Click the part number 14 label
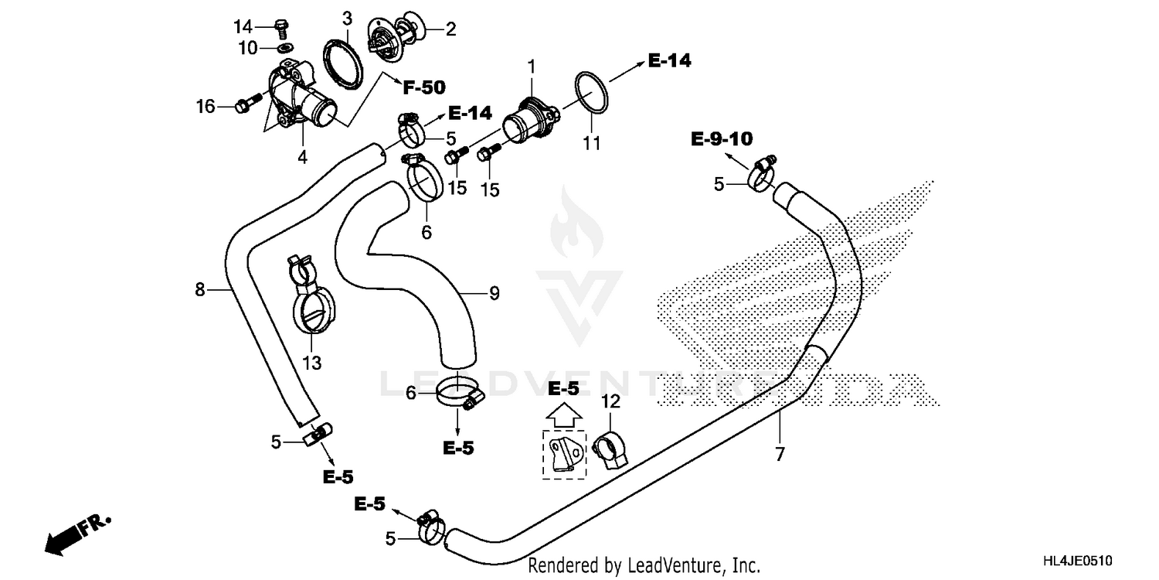(x=243, y=27)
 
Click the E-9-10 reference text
(x=721, y=139)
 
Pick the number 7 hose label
(x=780, y=454)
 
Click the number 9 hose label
(x=494, y=293)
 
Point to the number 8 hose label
(x=200, y=290)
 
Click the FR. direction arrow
(x=74, y=534)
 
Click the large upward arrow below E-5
(x=563, y=415)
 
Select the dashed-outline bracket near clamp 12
(x=564, y=455)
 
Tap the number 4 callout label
(x=302, y=157)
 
